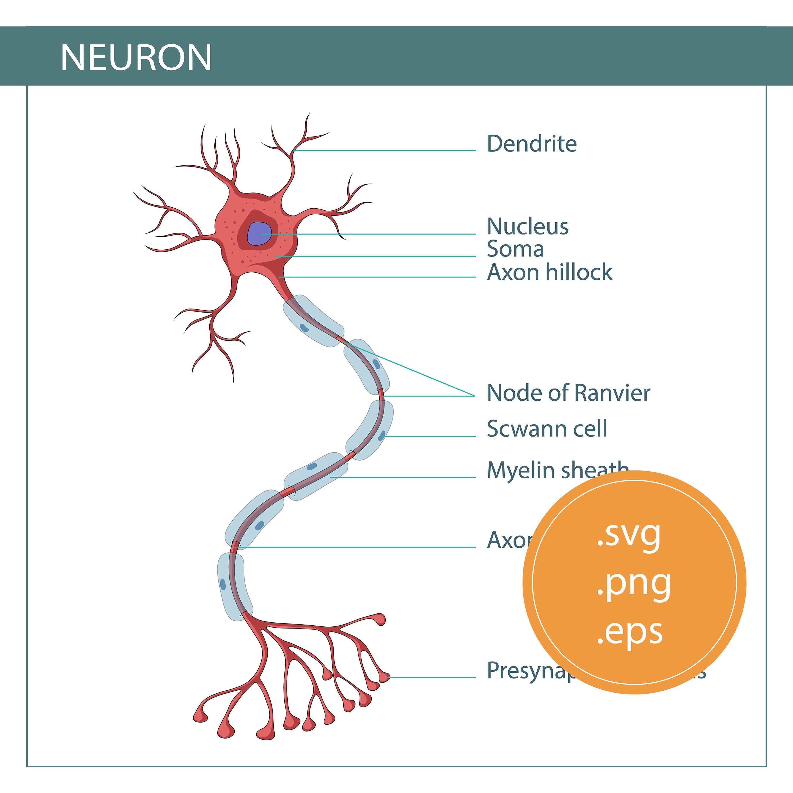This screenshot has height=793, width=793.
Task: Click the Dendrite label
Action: point(532,144)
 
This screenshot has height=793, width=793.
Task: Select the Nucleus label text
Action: point(527,226)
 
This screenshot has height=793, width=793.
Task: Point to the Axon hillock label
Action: point(550,272)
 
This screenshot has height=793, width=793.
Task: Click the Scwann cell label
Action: point(547,429)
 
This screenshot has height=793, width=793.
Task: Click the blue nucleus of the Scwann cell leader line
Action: point(382,435)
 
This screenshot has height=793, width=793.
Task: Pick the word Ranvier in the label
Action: point(612,393)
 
